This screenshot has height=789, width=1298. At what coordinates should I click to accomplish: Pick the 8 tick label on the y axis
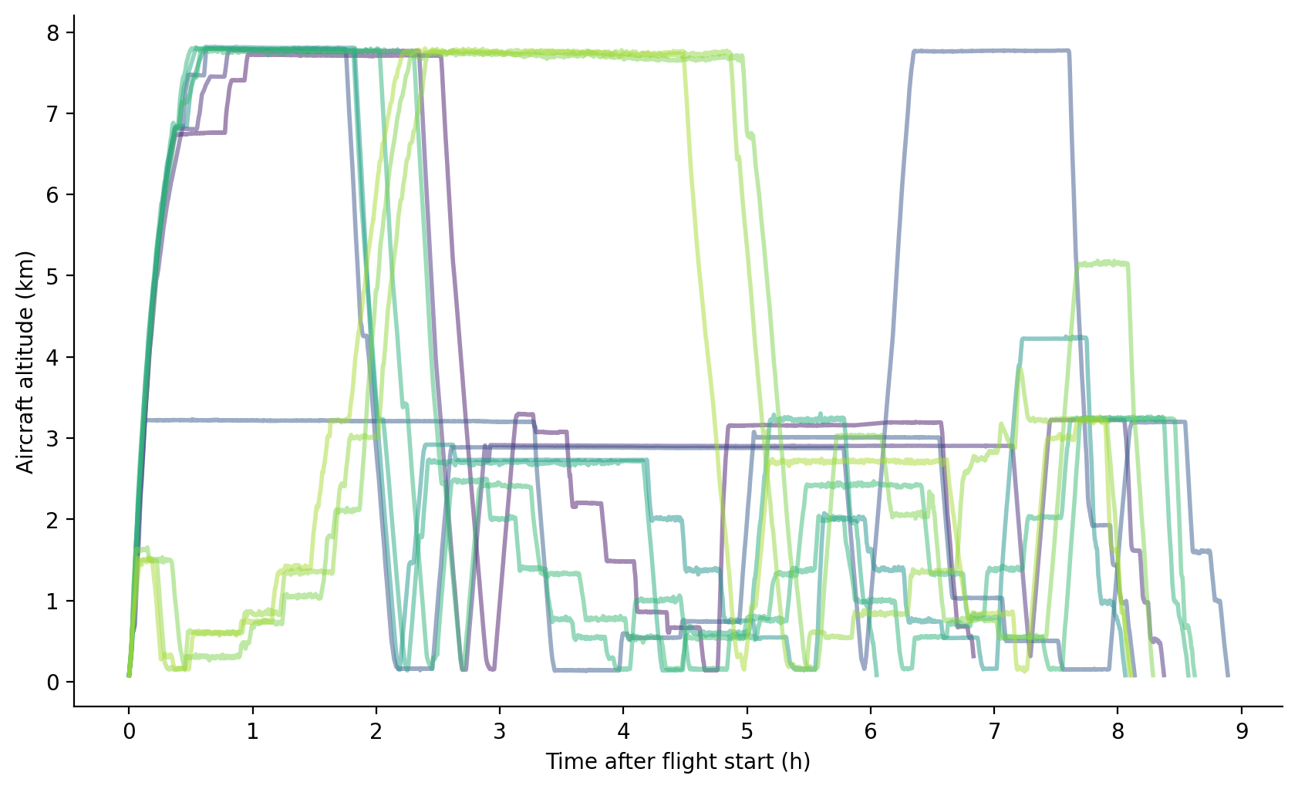[x=52, y=32]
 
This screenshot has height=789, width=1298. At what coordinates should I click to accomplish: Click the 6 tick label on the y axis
[x=52, y=194]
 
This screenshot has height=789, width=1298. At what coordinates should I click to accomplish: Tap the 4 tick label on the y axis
[x=52, y=357]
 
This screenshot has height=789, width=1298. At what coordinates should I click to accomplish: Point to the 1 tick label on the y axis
[x=52, y=601]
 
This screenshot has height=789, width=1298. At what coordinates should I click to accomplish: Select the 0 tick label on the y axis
[x=52, y=682]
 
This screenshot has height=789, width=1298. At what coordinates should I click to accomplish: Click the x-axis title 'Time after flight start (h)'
[x=678, y=762]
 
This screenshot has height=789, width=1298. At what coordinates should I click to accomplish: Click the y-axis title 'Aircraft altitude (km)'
[x=25, y=362]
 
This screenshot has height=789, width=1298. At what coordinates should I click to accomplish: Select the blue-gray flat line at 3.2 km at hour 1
[x=252, y=420]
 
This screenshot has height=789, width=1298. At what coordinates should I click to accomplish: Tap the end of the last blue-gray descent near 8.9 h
[x=1227, y=675]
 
